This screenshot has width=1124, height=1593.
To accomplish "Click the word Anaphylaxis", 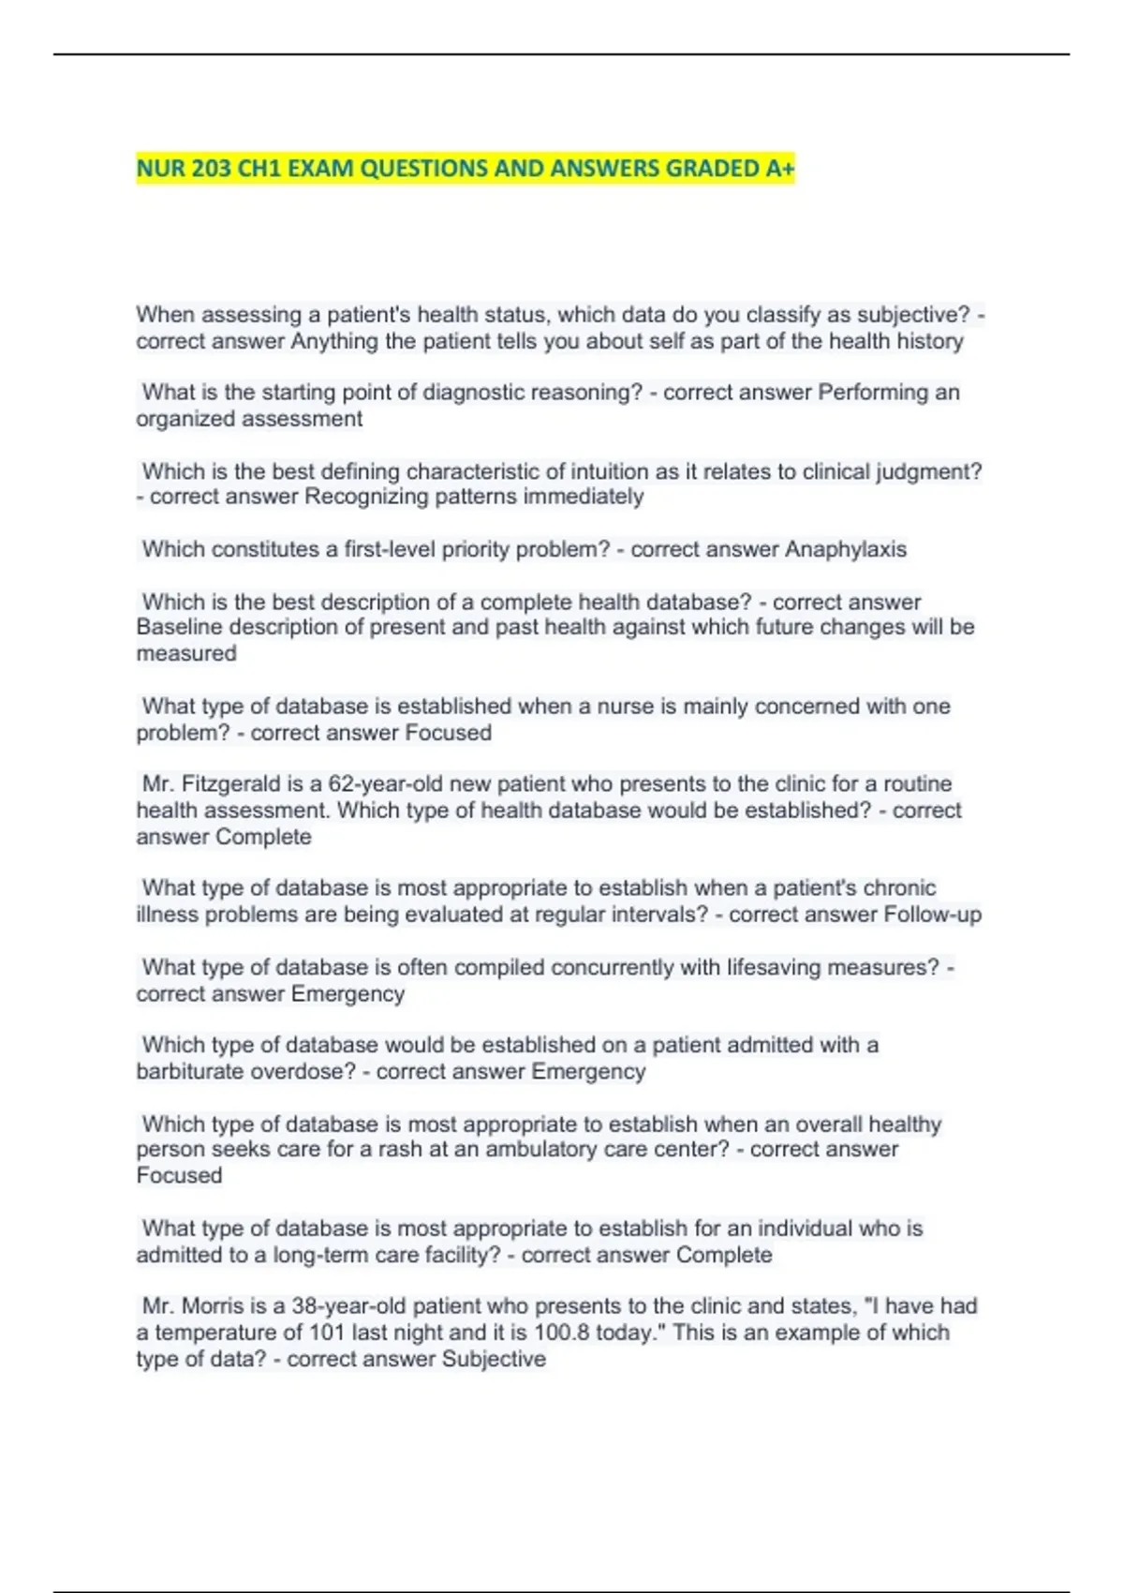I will point(845,549).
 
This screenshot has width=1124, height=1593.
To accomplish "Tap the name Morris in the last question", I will point(218,1305).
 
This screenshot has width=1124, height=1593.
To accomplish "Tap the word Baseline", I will point(179,627).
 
